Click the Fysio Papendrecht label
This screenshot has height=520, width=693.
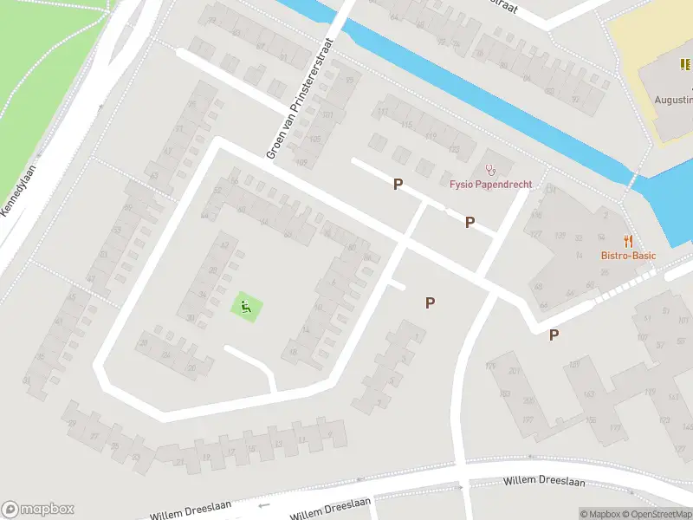[490, 185]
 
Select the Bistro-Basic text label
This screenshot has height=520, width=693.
[628, 256]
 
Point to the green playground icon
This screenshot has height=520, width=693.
[246, 305]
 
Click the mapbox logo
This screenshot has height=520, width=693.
[38, 510]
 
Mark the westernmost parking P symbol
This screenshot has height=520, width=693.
[398, 184]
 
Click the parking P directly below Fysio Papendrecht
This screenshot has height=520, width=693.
[470, 222]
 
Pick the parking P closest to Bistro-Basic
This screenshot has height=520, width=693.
[554, 335]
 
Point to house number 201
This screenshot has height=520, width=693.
[516, 372]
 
